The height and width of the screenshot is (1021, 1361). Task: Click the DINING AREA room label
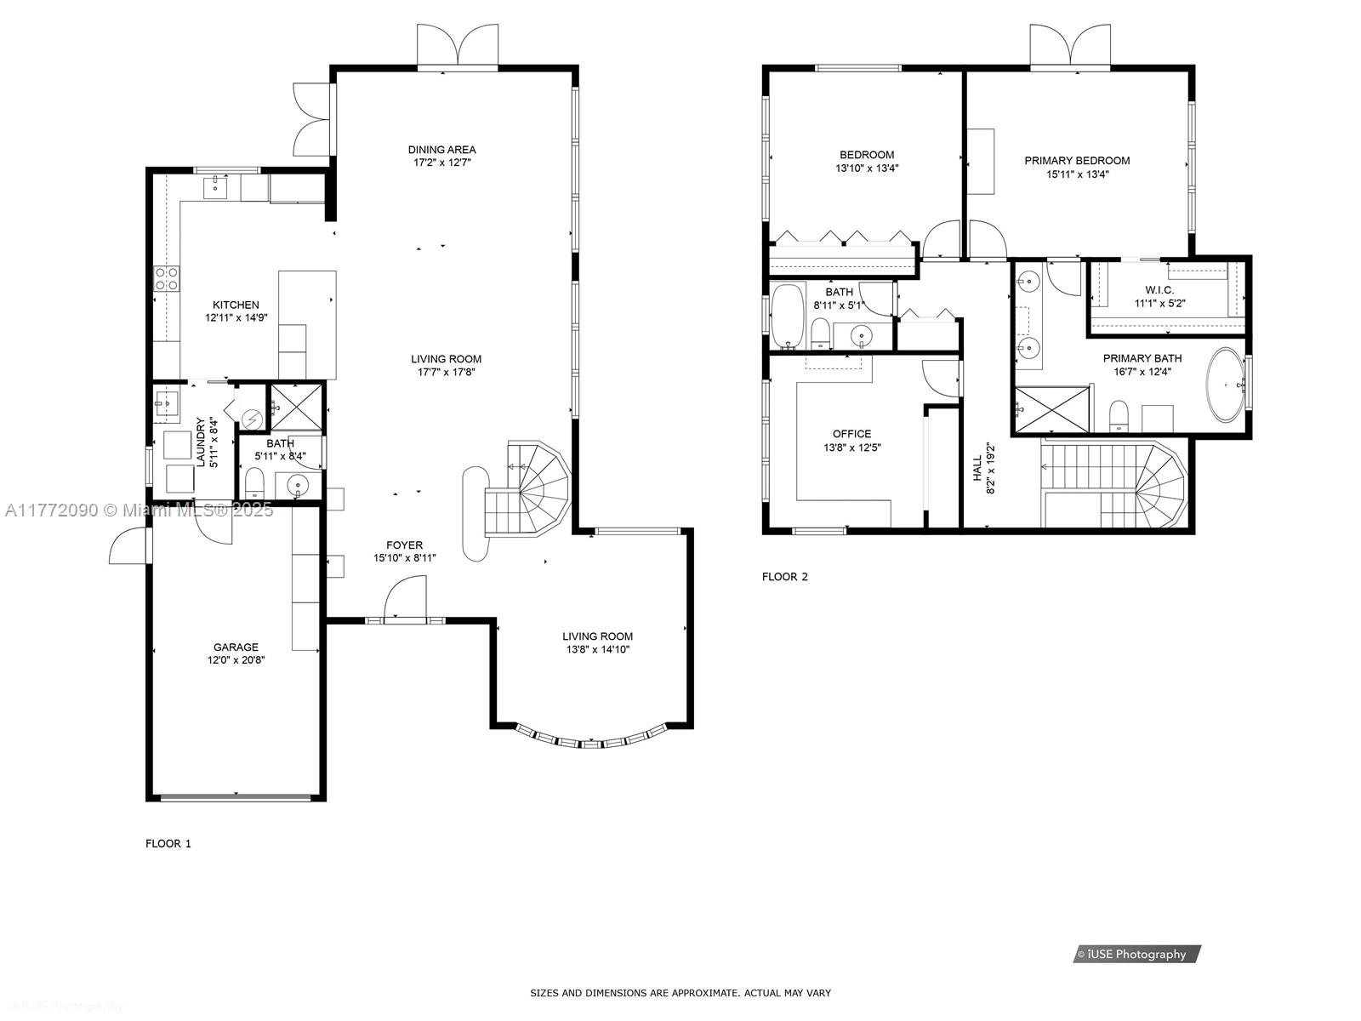(441, 150)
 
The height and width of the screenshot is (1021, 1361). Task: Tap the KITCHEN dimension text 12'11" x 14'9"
(236, 318)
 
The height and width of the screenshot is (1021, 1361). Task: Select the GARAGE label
(236, 647)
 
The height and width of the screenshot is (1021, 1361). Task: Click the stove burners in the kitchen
(167, 278)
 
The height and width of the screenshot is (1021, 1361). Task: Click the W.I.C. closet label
(1159, 290)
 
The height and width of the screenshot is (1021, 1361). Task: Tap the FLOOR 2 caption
(784, 577)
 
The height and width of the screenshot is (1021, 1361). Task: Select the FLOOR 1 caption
(168, 843)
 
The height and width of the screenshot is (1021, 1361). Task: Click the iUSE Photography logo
(1136, 954)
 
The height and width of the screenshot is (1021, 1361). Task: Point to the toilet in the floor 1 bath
(255, 484)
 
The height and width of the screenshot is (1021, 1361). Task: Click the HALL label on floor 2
(977, 469)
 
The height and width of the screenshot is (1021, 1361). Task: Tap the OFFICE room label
(851, 434)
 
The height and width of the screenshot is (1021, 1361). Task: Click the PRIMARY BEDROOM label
(1077, 161)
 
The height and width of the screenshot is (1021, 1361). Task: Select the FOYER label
(404, 545)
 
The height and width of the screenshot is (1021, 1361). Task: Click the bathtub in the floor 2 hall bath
(788, 317)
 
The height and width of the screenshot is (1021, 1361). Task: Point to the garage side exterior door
(128, 545)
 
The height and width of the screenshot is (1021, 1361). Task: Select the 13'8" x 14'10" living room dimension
(597, 650)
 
